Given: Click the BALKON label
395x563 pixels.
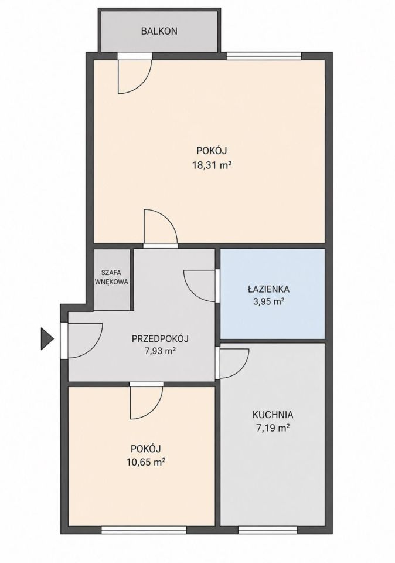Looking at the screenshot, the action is point(159,31).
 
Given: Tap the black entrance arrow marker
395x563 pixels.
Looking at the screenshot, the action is point(47,338).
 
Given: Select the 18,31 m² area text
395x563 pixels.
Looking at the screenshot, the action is point(212,165).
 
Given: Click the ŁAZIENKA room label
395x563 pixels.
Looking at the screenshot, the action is point(268,289).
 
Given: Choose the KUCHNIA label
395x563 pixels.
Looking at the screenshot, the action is point(273,415).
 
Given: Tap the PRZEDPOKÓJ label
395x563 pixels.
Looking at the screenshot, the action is point(161,338).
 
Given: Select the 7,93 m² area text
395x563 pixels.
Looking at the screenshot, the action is point(161,351).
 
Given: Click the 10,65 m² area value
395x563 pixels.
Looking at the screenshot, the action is point(145,462).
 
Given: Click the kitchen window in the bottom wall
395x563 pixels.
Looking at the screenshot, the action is point(268,530).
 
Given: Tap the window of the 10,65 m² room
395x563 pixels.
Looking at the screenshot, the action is point(144,530).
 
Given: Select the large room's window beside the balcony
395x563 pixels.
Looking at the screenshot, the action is point(264,56).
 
